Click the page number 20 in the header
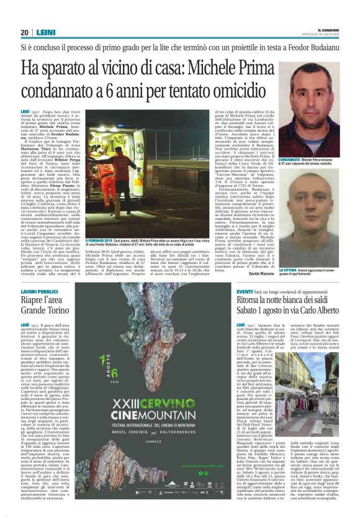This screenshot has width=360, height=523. [x=25, y=33]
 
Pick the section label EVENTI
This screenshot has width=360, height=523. [x=245, y=291]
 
